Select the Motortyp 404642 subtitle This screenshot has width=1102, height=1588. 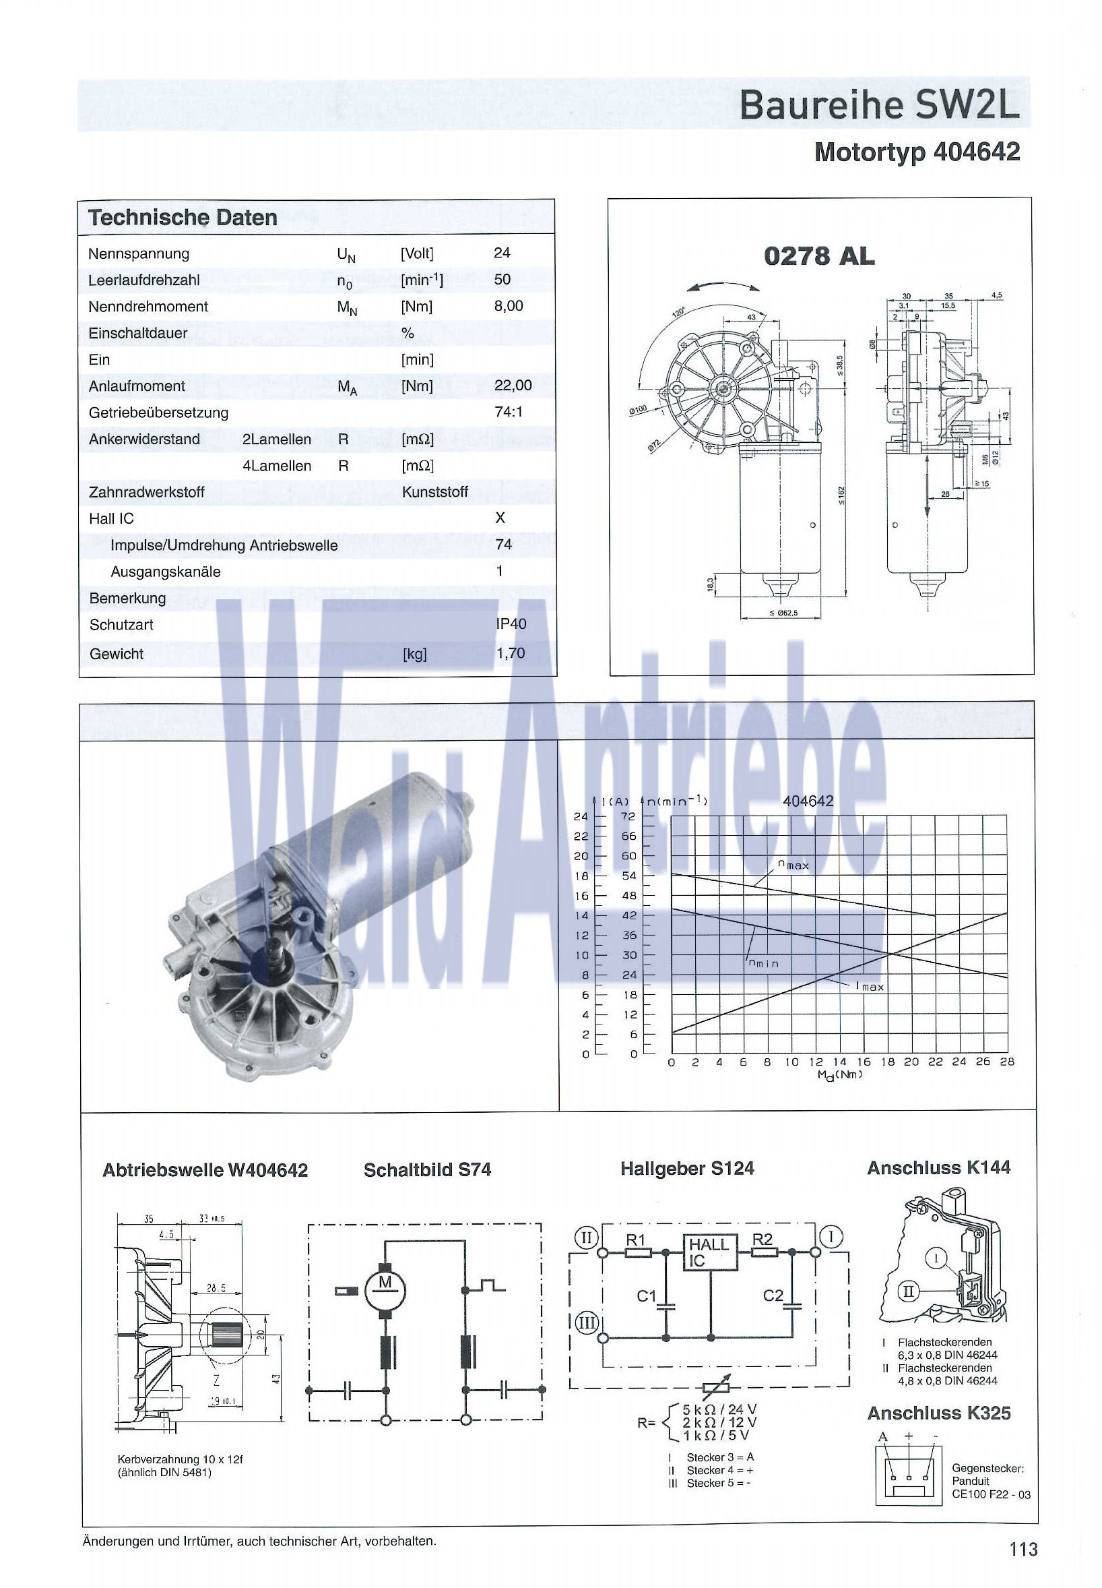point(916,152)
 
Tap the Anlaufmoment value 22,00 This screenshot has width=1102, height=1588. point(513,386)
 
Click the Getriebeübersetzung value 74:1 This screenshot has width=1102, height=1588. point(508,412)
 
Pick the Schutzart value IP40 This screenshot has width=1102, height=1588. point(511,623)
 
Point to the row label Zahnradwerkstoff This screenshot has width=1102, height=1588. point(146,492)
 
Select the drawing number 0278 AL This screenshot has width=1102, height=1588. point(818,256)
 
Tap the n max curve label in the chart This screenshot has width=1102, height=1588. point(793,865)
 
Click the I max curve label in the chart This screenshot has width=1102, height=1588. point(870,986)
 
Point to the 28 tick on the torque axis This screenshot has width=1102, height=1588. point(1007,1062)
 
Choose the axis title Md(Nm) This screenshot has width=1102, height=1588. point(839,1075)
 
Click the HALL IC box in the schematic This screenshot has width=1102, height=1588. point(709,1252)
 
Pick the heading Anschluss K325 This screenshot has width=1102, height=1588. point(938,1413)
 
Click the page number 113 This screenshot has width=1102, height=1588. point(1023,1550)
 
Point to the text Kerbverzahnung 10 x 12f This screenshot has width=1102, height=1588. point(180,1459)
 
